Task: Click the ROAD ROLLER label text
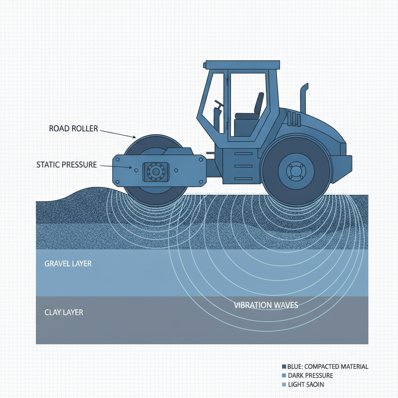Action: (x=73, y=128)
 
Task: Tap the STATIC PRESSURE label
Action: (x=66, y=165)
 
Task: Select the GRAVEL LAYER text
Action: (x=68, y=264)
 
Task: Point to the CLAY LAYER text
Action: (x=64, y=312)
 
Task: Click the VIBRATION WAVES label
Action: (x=266, y=305)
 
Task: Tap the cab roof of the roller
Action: (x=243, y=65)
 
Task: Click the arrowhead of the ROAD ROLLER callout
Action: (x=134, y=137)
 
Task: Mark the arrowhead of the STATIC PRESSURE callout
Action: (x=131, y=167)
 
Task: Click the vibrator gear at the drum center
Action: (x=156, y=172)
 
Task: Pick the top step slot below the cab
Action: (x=243, y=154)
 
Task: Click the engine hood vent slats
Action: (x=294, y=119)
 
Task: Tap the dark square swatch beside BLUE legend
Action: (x=284, y=367)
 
